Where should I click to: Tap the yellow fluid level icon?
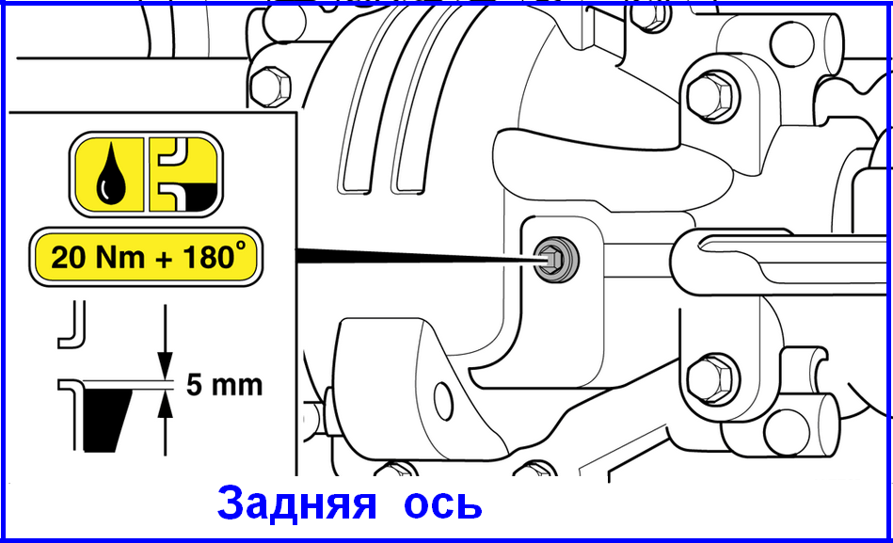[x=183, y=174]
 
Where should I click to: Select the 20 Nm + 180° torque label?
[x=146, y=256]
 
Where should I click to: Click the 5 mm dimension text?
[x=224, y=385]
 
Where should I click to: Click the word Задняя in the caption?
[x=296, y=503]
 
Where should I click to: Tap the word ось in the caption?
[x=443, y=504]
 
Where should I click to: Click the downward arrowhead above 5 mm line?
[x=166, y=365]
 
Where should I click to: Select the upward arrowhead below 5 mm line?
[x=166, y=405]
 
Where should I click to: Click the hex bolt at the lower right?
[x=711, y=379]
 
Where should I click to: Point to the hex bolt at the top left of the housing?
[x=270, y=87]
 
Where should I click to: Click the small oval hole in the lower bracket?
[x=443, y=402]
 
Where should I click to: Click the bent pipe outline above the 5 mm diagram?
[x=72, y=325]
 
